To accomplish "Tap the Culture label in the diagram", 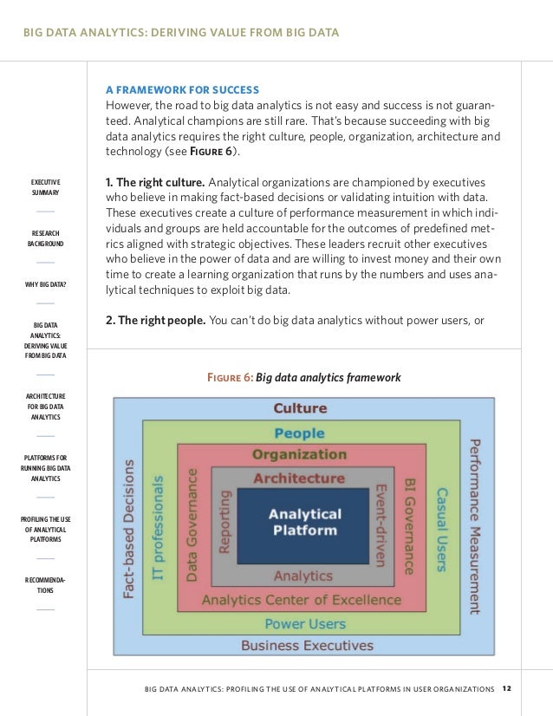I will click(x=300, y=408).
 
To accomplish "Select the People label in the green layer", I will click(x=299, y=433).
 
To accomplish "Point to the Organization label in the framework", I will click(x=299, y=454).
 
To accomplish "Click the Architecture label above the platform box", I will click(x=298, y=478).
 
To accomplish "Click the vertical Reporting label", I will click(x=225, y=522).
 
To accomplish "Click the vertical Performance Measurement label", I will click(x=474, y=525).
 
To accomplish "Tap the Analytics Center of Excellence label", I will click(x=301, y=600).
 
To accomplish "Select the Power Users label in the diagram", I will click(x=305, y=623).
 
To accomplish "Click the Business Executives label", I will click(x=307, y=645).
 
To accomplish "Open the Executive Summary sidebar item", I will click(x=45, y=186).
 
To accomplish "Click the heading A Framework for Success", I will click(x=182, y=89).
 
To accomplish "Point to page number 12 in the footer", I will click(x=507, y=689).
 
